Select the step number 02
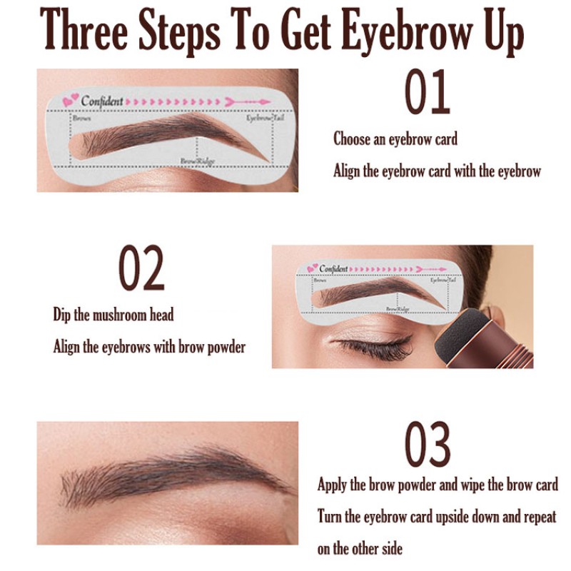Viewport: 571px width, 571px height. coord(141,268)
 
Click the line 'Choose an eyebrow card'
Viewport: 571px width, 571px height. coord(395,139)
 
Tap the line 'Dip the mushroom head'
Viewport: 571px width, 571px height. coord(113,315)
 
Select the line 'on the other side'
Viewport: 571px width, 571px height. coord(360,548)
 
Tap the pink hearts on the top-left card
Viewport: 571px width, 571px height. coord(70,101)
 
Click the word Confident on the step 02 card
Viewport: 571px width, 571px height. coord(333,268)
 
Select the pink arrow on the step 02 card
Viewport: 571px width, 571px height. coord(430,268)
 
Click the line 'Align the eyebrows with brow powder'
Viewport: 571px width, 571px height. coord(149,348)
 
